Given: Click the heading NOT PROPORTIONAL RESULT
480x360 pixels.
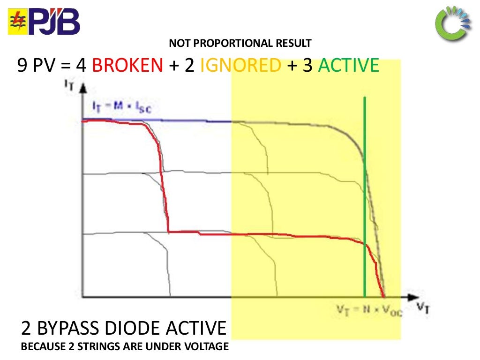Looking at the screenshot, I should pyautogui.click(x=240, y=44).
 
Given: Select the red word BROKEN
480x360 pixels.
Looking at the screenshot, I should pyautogui.click(x=127, y=66).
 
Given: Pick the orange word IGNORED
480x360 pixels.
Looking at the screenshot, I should pyautogui.click(x=240, y=66).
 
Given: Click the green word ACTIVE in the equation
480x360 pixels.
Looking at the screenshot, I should pyautogui.click(x=348, y=66).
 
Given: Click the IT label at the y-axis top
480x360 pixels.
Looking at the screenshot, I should pyautogui.click(x=69, y=85).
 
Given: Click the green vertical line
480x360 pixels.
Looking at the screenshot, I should pyautogui.click(x=365, y=197).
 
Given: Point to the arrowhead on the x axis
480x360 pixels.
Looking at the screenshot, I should pyautogui.click(x=412, y=297).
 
